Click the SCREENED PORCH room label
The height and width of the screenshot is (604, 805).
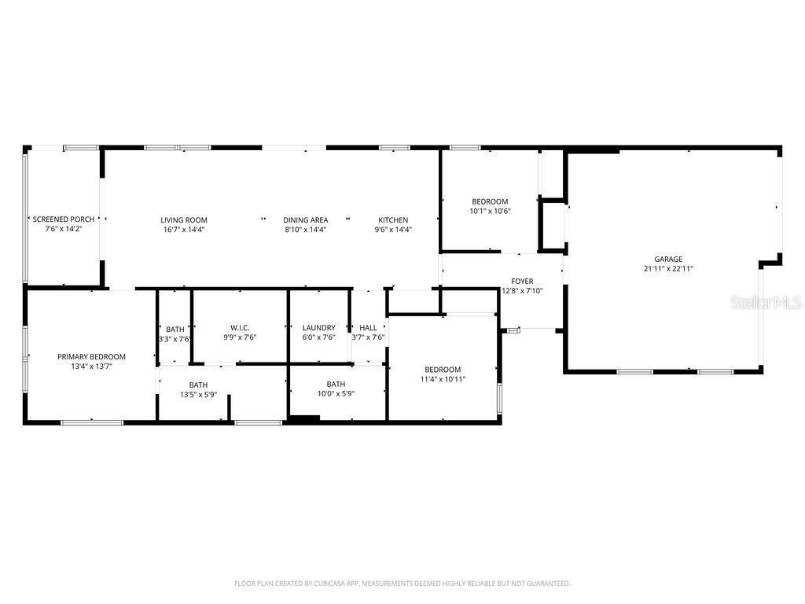pyautogui.click(x=64, y=219)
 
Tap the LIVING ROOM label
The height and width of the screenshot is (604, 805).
pyautogui.click(x=184, y=220)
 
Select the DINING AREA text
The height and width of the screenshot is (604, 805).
pyautogui.click(x=306, y=220)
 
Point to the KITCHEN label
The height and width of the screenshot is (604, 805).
pyautogui.click(x=393, y=220)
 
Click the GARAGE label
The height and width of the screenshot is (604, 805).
pyautogui.click(x=668, y=259)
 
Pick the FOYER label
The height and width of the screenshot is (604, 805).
pyautogui.click(x=522, y=281)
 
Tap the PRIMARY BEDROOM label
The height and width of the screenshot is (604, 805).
pyautogui.click(x=91, y=356)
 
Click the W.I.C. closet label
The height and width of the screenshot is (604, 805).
pyautogui.click(x=240, y=327)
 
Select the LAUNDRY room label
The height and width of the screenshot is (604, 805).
pyautogui.click(x=318, y=327)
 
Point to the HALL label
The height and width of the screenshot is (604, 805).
pyautogui.click(x=368, y=327)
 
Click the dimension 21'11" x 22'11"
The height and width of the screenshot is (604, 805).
pyautogui.click(x=668, y=268)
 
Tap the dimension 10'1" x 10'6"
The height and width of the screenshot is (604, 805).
pyautogui.click(x=490, y=211)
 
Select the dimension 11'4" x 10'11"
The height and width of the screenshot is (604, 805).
pyautogui.click(x=443, y=379)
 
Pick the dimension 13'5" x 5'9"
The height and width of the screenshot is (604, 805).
pyautogui.click(x=198, y=394)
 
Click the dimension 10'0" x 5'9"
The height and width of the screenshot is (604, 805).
pyautogui.click(x=336, y=394)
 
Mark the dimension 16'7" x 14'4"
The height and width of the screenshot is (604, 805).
pyautogui.click(x=184, y=230)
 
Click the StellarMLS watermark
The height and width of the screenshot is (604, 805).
pyautogui.click(x=765, y=302)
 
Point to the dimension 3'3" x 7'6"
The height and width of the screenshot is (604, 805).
pyautogui.click(x=175, y=338)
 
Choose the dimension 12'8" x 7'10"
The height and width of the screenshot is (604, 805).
pyautogui.click(x=522, y=290)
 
